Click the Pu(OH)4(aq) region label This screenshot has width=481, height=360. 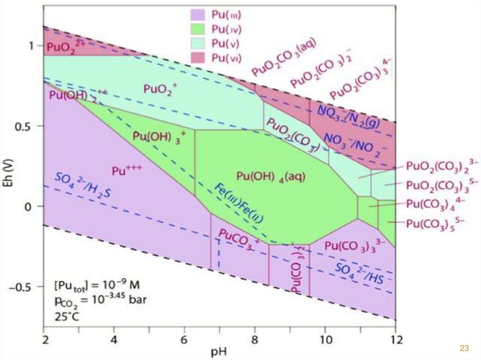tap(271, 176)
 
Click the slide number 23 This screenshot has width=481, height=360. tap(464, 348)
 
